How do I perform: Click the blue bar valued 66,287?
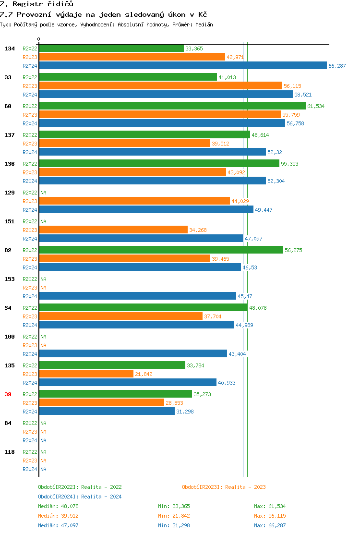coord(183,66)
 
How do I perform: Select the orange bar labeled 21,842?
coord(86,374)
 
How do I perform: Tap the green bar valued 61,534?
coord(172,106)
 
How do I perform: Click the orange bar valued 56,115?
coord(160,85)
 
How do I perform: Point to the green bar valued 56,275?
coord(161,250)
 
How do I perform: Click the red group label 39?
coord(8,394)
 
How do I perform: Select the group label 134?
coord(10,49)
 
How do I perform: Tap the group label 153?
coord(10,279)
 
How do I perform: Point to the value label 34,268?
coord(198,230)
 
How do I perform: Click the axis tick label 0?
coord(39,39)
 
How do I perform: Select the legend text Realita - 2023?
coord(245,487)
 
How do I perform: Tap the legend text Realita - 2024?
coord(101,497)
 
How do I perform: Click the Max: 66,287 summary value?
coord(270,525)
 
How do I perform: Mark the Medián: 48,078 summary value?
coord(55,506)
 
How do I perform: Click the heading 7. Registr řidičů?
coord(36,4)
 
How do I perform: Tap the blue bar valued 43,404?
coord(133,353)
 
